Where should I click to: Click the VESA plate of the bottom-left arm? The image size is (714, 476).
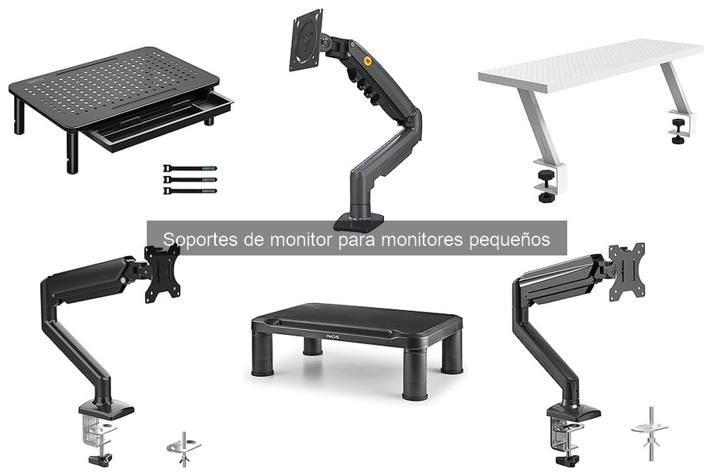tap(163, 274)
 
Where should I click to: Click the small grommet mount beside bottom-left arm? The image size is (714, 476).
tap(184, 448)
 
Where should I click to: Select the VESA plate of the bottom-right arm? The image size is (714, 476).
tap(626, 272)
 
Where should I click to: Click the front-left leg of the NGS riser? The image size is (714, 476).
tap(262, 360)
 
